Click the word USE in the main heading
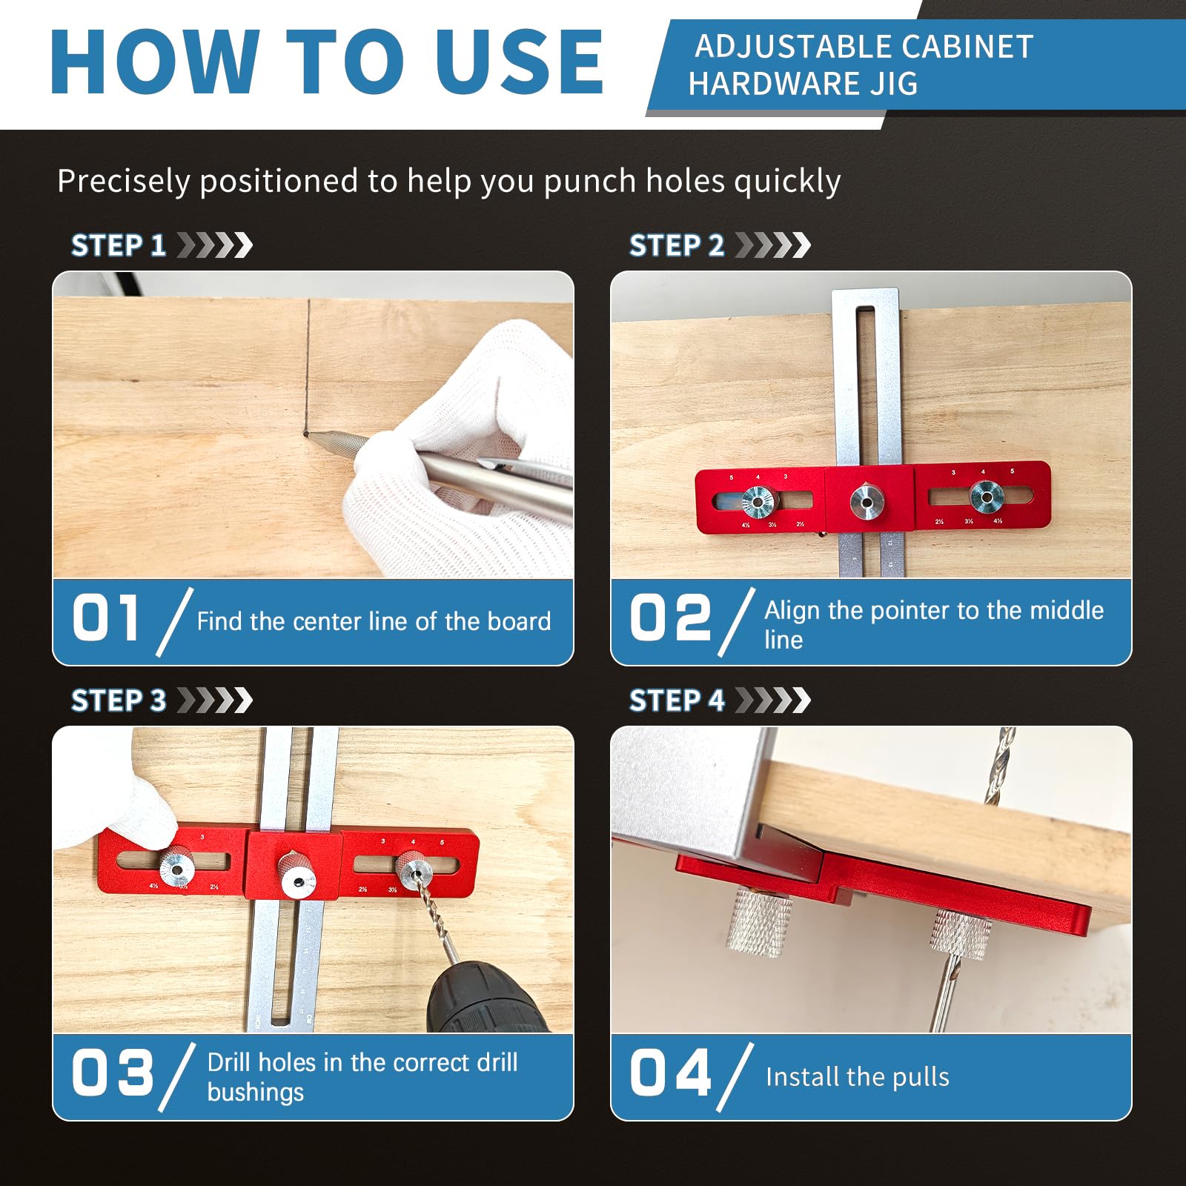(x=519, y=62)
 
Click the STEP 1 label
(x=119, y=245)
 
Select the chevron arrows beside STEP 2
(x=772, y=245)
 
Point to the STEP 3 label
(x=119, y=700)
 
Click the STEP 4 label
(x=676, y=700)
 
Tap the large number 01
(x=105, y=618)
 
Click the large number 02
(x=669, y=618)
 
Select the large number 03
(x=112, y=1073)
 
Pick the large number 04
(x=670, y=1073)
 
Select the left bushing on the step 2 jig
(x=758, y=501)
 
